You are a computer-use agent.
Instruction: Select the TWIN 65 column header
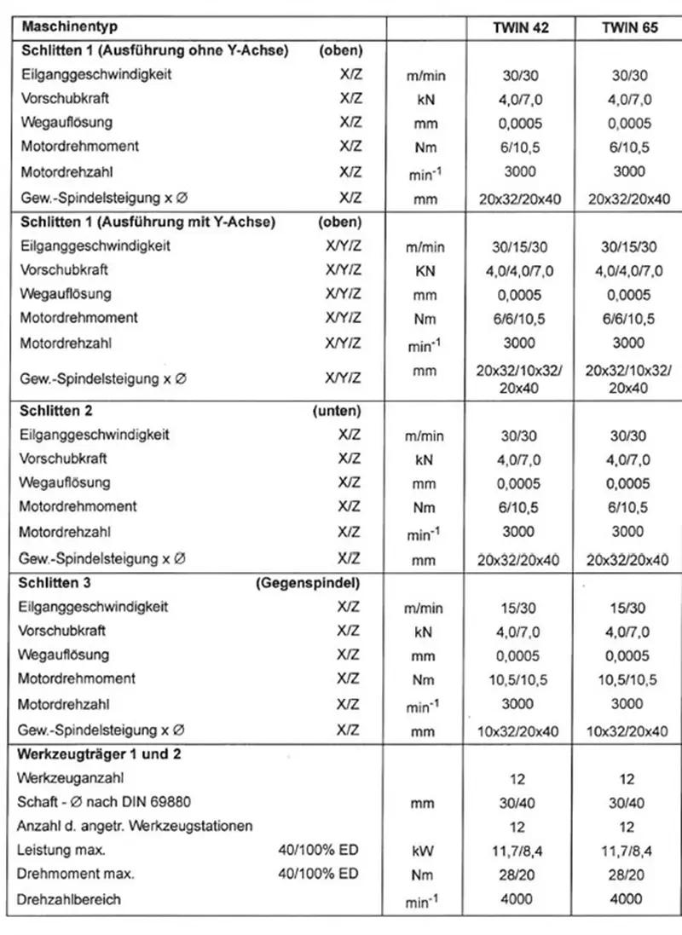(x=628, y=27)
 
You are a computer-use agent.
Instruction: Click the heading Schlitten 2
(x=56, y=410)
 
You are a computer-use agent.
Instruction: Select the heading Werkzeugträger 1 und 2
(x=100, y=754)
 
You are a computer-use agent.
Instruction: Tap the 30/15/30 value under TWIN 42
(x=520, y=247)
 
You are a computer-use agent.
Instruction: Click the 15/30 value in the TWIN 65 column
(x=628, y=608)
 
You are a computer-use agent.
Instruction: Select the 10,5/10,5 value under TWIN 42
(x=520, y=680)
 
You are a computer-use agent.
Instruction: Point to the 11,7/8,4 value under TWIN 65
(x=628, y=851)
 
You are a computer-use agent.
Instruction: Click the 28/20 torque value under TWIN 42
(x=520, y=874)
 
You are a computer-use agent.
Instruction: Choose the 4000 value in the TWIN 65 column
(x=628, y=899)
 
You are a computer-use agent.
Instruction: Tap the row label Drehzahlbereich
(x=69, y=899)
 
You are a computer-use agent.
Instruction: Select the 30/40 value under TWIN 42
(x=520, y=802)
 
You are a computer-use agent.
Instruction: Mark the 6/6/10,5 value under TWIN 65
(x=628, y=319)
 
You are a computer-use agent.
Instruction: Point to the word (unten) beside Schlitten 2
(x=338, y=410)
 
